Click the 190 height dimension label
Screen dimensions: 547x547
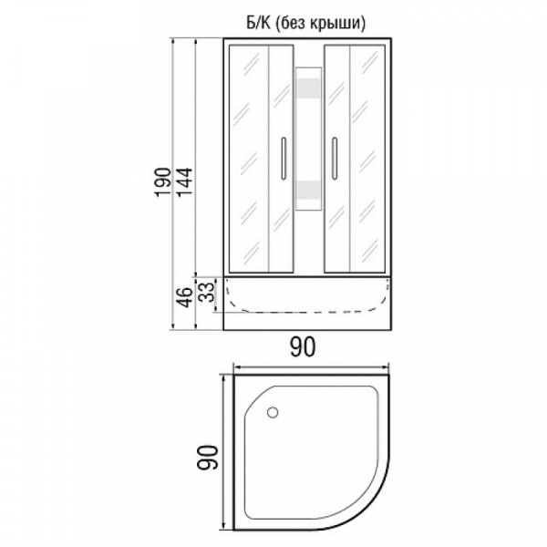tap(163, 182)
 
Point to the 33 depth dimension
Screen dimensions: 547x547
tap(207, 292)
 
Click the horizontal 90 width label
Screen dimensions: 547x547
tap(303, 346)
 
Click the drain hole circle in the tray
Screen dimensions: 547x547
tap(273, 412)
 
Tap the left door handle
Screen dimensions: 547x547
tap(284, 159)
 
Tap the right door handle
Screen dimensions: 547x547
tap(335, 159)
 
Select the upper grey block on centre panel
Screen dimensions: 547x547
tap(308, 88)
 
